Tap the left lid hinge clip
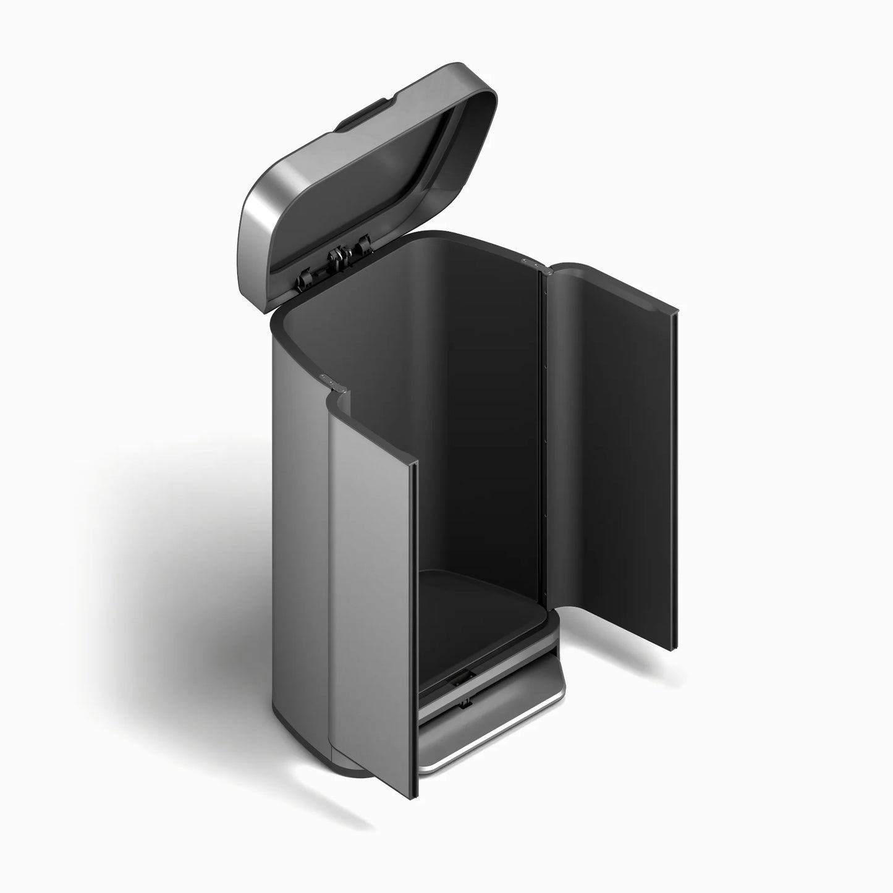click(305, 280)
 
